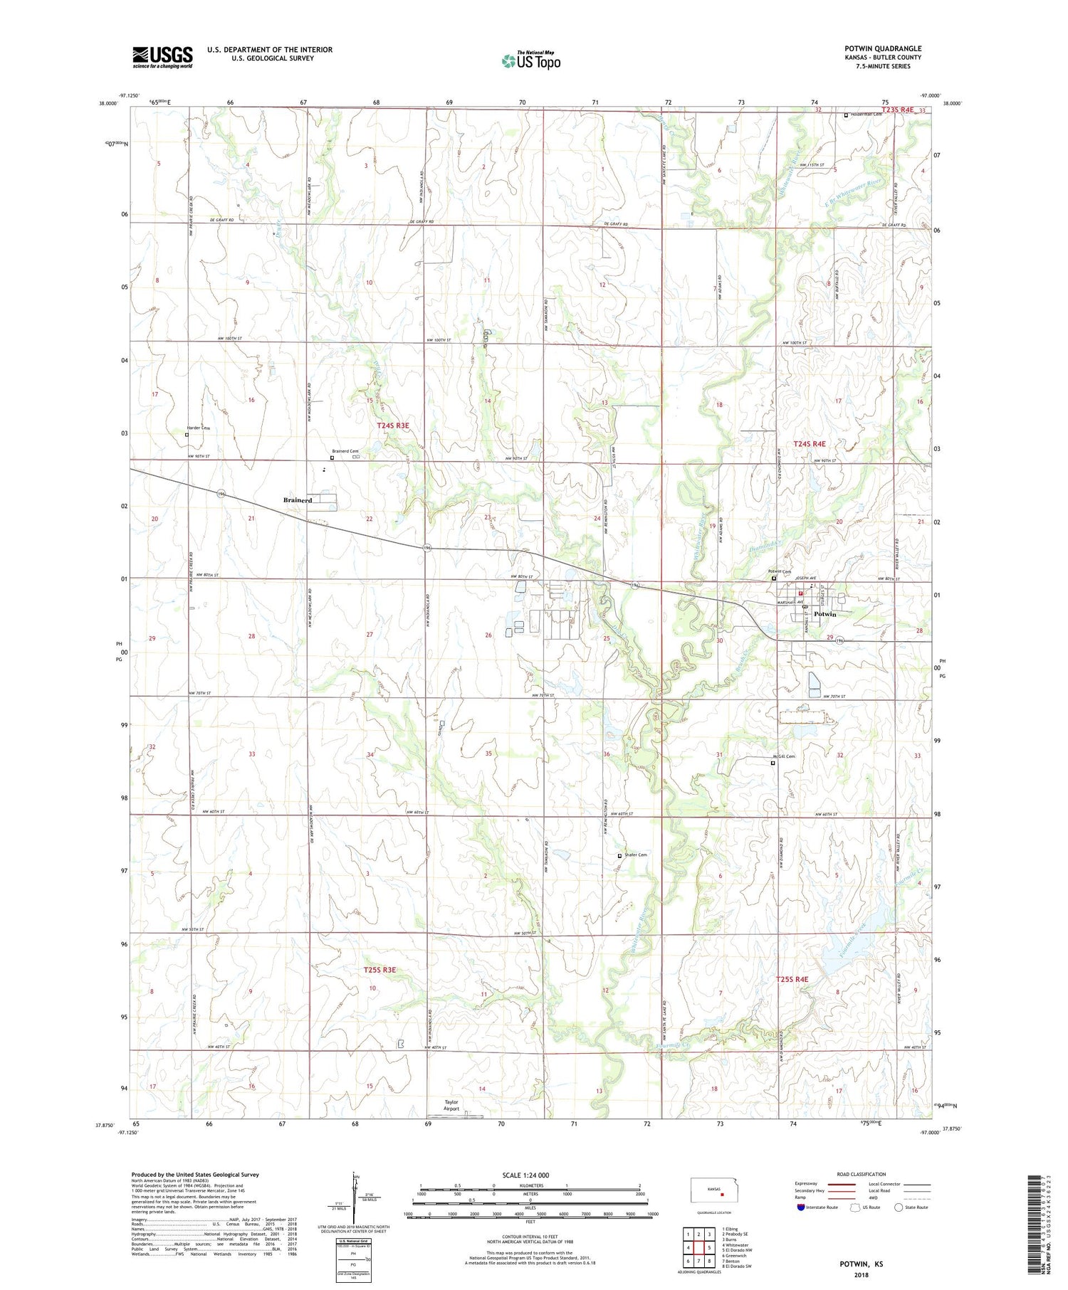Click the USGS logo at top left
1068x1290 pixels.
coord(162,58)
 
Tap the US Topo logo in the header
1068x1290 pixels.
coord(530,61)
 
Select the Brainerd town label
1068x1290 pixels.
coord(298,500)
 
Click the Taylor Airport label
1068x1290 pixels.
coord(451,1105)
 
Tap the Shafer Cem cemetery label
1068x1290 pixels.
coord(635,855)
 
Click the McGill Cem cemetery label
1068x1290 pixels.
coord(784,756)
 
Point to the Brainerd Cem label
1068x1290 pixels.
coord(345,451)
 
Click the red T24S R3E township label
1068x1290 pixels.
coord(393,425)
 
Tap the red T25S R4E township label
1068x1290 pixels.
coord(792,979)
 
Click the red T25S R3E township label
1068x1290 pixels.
coord(379,970)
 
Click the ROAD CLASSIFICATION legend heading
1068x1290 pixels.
coord(862,1174)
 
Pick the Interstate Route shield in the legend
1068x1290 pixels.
coord(801,1207)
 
